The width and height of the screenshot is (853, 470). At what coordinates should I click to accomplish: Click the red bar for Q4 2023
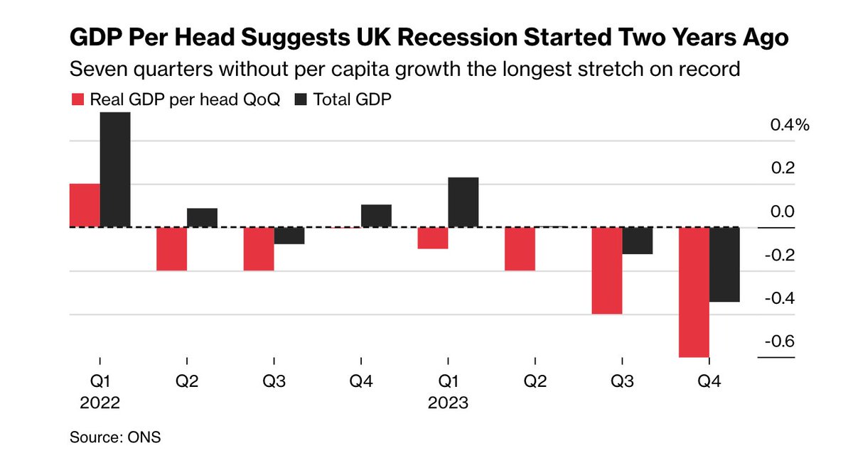[694, 292]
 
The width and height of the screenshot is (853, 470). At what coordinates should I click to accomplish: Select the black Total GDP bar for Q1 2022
[114, 170]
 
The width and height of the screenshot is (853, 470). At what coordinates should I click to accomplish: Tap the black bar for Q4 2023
[724, 264]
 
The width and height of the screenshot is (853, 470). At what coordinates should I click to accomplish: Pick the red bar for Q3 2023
[607, 270]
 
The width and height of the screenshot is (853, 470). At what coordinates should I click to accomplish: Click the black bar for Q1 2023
[463, 202]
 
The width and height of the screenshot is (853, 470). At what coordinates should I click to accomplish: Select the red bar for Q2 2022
[171, 248]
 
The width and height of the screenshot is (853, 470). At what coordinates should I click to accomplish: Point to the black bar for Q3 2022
[289, 236]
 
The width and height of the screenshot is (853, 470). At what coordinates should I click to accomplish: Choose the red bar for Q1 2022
[85, 205]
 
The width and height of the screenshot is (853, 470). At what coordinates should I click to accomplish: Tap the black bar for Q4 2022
[376, 216]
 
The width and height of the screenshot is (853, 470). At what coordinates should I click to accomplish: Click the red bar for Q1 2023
[433, 238]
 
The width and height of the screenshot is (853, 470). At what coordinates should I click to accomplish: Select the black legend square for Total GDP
[299, 100]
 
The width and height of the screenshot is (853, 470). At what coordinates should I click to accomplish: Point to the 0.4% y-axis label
[790, 126]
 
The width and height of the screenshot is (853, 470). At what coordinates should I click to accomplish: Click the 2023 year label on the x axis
[448, 403]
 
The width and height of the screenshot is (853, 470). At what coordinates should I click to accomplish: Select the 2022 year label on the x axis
[99, 403]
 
